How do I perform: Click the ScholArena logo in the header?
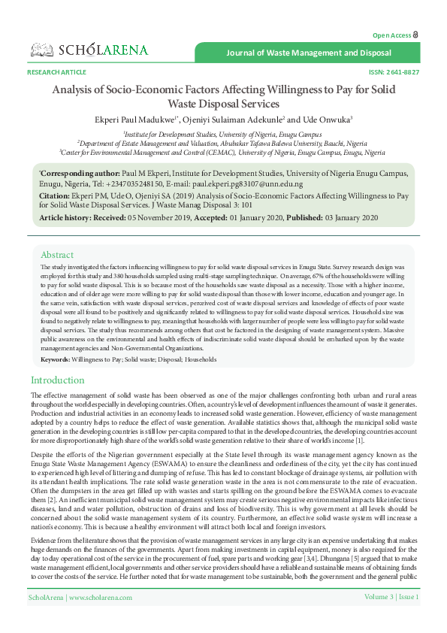coord(89,50)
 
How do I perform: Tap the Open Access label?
coord(391,35)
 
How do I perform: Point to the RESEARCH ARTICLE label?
coord(56,72)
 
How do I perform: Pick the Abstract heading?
coord(57,255)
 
